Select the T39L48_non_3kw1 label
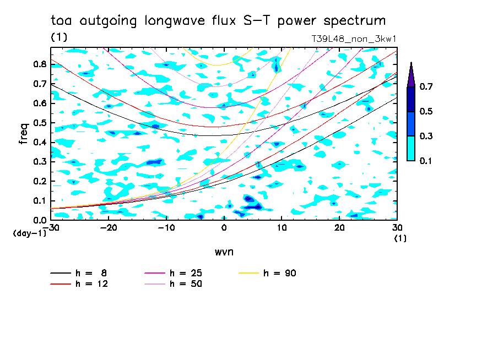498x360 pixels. (354, 39)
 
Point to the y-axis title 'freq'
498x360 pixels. (24, 133)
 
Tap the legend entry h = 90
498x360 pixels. (280, 273)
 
